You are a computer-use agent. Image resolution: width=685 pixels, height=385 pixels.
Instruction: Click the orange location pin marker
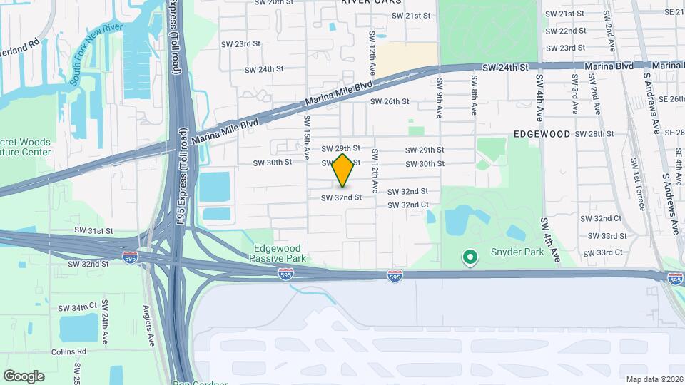pos(343,170)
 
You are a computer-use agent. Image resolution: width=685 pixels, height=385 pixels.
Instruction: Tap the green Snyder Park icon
pos(470,257)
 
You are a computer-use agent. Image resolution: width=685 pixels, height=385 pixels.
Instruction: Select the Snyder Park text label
pos(517,252)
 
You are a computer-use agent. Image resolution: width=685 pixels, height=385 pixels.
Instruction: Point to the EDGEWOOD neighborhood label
pos(542,134)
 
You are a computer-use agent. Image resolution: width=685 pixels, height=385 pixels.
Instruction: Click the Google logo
pos(24,376)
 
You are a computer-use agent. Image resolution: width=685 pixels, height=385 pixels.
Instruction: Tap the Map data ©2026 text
pos(653,379)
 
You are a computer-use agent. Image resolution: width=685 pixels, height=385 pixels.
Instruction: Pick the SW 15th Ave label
pos(306,137)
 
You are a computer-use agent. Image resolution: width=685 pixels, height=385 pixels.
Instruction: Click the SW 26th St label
pos(389,101)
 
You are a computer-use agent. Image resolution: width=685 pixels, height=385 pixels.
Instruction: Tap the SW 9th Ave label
pos(440,92)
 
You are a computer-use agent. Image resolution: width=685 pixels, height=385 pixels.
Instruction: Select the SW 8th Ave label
pos(474,97)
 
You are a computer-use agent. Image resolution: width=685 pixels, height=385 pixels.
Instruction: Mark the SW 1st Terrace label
pos(634,188)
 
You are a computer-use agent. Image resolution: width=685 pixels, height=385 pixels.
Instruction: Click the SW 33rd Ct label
pos(603,253)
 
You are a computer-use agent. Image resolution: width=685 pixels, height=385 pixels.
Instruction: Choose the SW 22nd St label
pos(567,31)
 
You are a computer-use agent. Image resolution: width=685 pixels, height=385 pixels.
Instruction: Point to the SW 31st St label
pos(94,231)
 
